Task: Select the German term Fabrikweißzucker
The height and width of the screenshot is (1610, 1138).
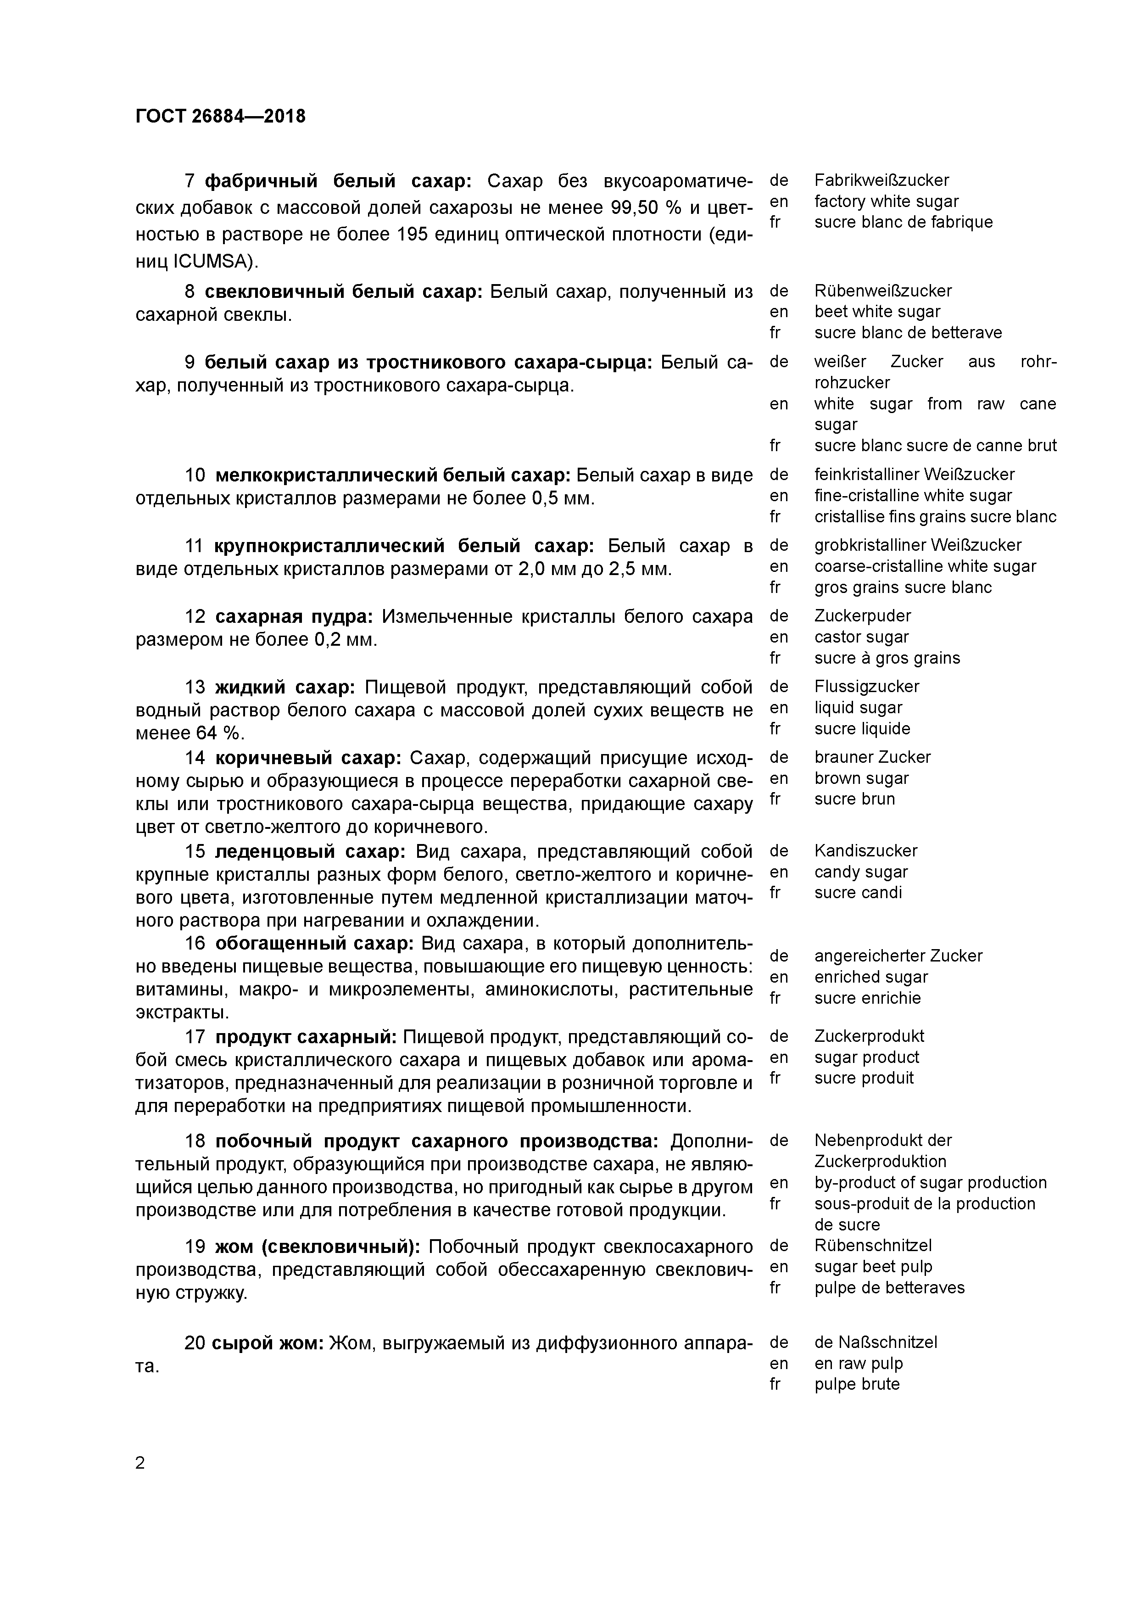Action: tap(881, 180)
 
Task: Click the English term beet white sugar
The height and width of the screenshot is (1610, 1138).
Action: tap(877, 311)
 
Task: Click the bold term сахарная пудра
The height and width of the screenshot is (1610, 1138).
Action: tap(294, 616)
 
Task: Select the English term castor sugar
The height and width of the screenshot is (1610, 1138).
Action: tap(861, 637)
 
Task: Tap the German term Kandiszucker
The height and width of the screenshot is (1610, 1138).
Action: tap(865, 850)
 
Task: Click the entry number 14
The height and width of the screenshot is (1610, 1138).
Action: tap(195, 758)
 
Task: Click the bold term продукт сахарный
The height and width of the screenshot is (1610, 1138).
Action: tap(306, 1036)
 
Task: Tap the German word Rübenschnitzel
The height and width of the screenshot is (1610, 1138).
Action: tap(873, 1246)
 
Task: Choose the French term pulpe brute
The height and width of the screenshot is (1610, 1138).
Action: tap(857, 1384)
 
